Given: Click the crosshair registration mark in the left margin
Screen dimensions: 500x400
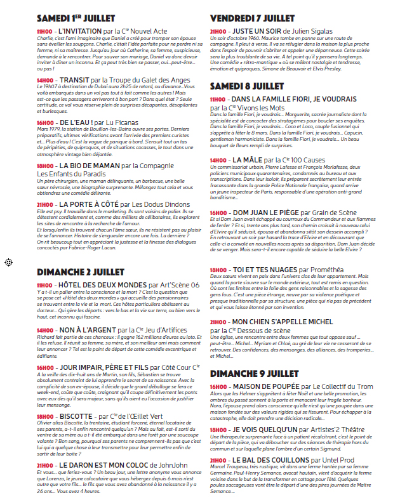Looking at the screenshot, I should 9,262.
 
